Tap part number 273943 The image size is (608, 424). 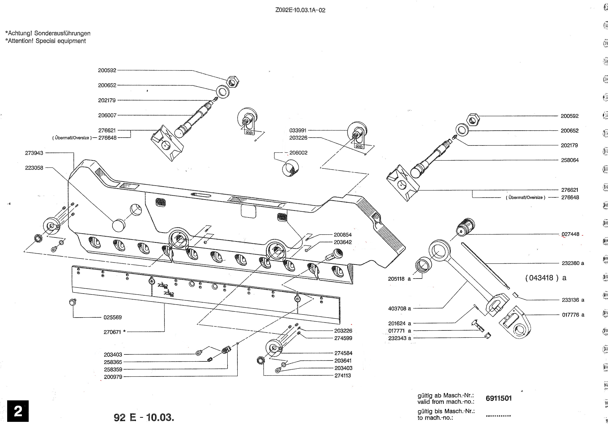(34, 153)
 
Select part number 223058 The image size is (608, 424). (34, 168)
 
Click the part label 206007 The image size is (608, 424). (107, 115)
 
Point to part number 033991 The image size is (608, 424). (298, 130)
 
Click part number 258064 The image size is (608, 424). (570, 160)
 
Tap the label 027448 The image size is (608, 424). (570, 234)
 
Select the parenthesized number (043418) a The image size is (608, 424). (545, 278)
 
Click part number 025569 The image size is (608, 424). (113, 317)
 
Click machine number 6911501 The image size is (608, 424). (498, 398)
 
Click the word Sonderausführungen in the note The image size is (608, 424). (62, 33)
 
